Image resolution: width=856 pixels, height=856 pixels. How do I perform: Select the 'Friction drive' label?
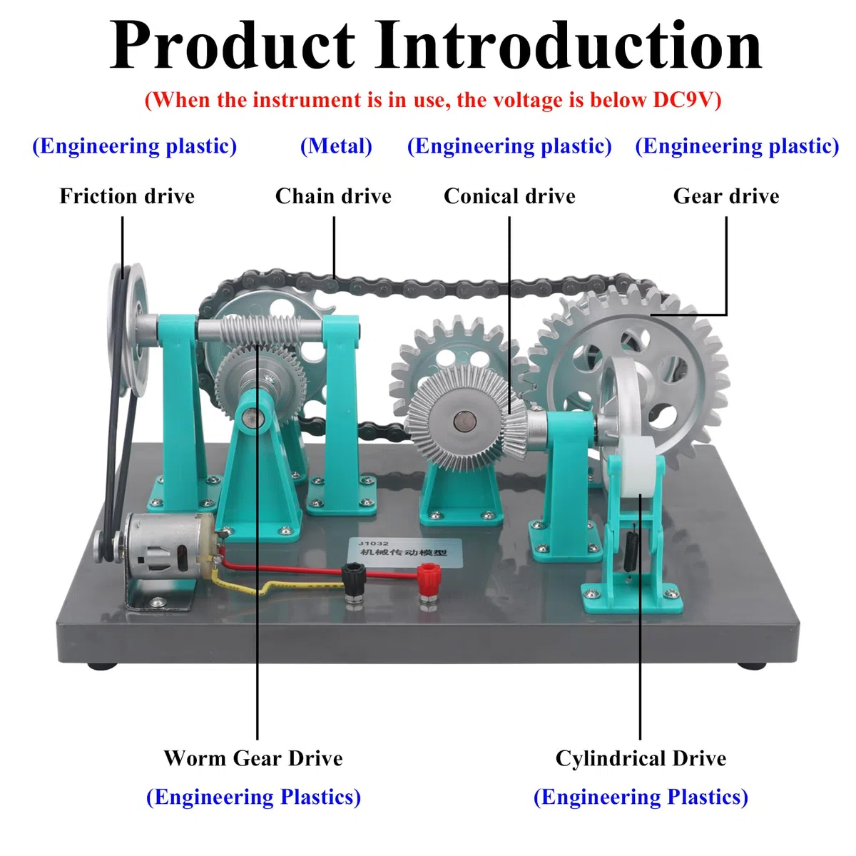point(127,196)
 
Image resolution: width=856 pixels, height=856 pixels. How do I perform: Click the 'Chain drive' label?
point(333,196)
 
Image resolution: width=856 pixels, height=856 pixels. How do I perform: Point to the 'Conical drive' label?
point(509,196)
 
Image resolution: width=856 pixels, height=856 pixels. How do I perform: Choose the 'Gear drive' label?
point(726,196)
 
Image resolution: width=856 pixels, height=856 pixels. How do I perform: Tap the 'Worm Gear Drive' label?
point(253,758)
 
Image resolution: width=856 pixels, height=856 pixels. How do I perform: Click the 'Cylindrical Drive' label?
point(641,758)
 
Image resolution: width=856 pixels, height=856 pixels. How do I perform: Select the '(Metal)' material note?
point(336,146)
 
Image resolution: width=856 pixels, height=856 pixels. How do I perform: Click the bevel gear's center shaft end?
point(464,421)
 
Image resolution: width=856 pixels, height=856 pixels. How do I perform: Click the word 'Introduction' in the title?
point(569,46)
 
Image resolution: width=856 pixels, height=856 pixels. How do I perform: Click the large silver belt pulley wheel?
point(129,329)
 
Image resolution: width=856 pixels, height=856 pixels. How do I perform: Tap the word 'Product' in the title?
point(232,46)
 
